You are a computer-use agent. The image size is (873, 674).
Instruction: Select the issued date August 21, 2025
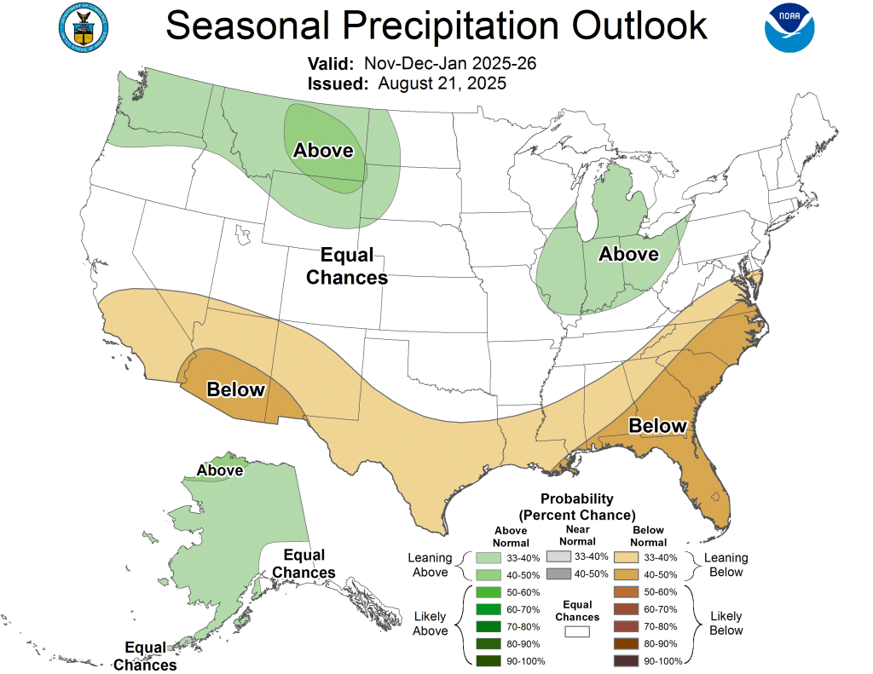442,84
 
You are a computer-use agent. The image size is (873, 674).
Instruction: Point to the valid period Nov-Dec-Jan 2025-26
449,64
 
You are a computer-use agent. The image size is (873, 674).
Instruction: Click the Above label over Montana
323,151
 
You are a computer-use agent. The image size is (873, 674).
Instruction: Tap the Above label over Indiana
628,254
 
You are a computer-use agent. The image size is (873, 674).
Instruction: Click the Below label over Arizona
236,390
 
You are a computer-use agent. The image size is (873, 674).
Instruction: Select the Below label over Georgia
657,426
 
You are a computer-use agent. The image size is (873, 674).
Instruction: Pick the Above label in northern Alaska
220,470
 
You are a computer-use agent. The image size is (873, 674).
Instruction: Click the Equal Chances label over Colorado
347,266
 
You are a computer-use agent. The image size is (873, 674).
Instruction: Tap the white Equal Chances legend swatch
577,632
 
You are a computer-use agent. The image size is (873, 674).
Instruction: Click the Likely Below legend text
726,623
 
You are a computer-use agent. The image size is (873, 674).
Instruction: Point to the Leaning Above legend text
431,565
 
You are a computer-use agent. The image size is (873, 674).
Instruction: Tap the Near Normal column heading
577,536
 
